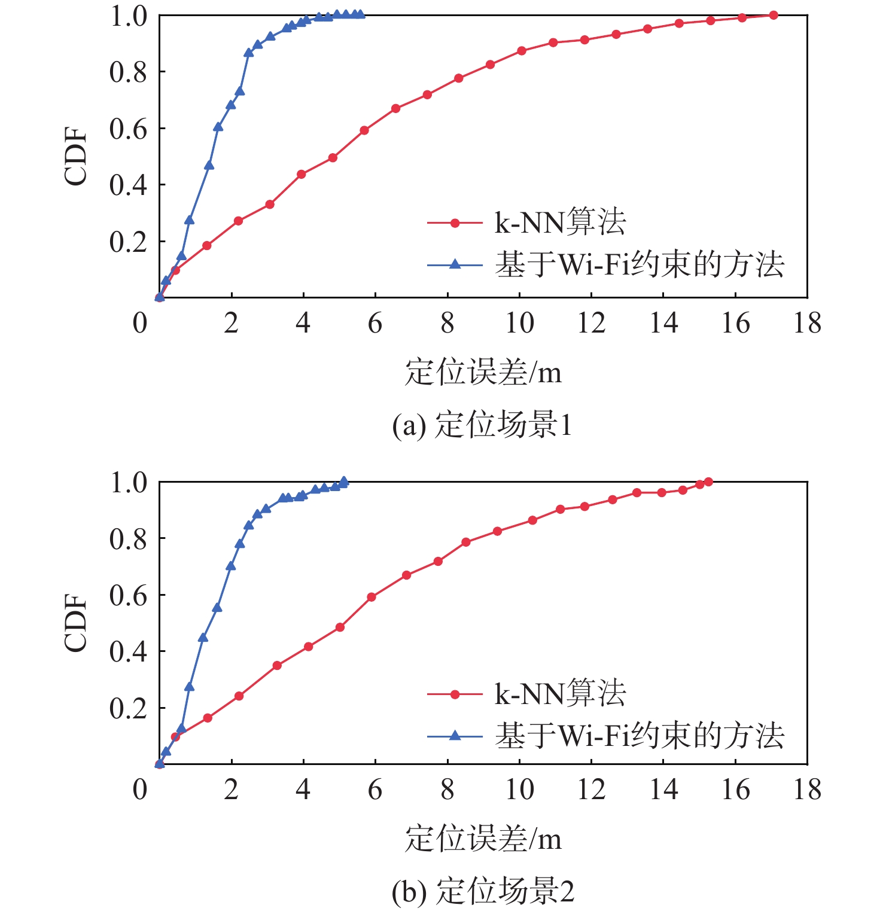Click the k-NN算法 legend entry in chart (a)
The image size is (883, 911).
[x=560, y=223]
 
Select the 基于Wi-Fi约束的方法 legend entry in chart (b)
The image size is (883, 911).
[x=639, y=735]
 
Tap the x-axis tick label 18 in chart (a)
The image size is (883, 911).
[x=807, y=323]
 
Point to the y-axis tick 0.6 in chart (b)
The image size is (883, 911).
[x=128, y=595]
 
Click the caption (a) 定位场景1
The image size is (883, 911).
[x=482, y=425]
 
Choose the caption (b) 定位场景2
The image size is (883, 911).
[x=483, y=891]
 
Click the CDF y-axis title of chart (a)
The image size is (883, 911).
[x=76, y=157]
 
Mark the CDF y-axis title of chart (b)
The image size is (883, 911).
[x=76, y=623]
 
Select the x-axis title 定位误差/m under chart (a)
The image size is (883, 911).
[x=483, y=372]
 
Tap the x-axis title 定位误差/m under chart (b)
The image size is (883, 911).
[x=483, y=839]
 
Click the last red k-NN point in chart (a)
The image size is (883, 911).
[x=774, y=15]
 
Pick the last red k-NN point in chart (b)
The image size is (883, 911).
[x=708, y=482]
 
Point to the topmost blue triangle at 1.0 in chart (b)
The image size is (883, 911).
[x=344, y=481]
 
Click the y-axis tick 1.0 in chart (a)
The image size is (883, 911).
[x=128, y=16]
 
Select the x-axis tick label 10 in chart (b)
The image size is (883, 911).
[x=519, y=790]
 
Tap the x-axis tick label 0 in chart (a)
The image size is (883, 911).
[x=140, y=323]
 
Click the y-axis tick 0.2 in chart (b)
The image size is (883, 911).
[x=128, y=708]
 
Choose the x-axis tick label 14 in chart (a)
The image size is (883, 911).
[x=663, y=323]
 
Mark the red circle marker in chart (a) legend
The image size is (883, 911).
[x=455, y=223]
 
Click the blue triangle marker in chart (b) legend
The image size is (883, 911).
[x=455, y=735]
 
